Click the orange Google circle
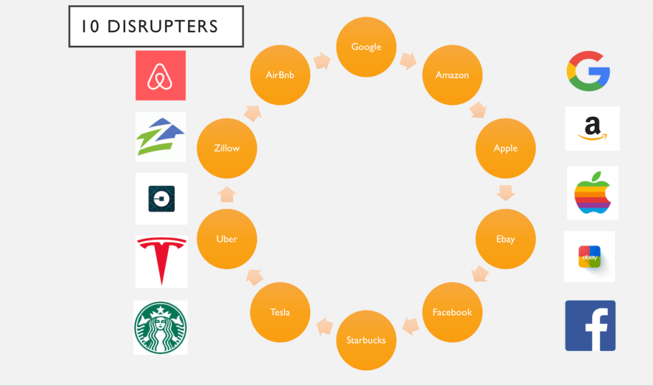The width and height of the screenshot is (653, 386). point(366,47)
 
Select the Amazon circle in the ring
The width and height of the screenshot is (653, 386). point(452,75)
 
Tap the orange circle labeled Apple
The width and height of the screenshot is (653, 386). point(506,148)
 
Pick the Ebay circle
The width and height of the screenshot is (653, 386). point(506,239)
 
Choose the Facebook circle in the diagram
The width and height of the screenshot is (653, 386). point(452,312)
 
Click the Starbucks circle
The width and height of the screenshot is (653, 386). point(366,340)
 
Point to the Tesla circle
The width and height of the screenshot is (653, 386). point(280,312)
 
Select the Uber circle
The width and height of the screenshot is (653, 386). point(227,239)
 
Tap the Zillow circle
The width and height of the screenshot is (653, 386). point(227,148)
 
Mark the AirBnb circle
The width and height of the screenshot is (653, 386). point(280,75)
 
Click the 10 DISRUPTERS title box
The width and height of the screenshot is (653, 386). point(156,26)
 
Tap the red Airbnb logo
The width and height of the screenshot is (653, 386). point(160,75)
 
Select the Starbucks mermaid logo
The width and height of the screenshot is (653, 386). point(160,327)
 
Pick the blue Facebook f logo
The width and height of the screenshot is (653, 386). point(590,325)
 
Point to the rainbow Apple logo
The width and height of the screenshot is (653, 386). point(592,192)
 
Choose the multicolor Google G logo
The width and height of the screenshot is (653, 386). point(589,71)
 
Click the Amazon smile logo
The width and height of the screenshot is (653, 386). point(592,128)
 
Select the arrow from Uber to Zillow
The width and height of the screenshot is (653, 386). point(227,194)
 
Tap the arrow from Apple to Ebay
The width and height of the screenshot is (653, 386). point(506,193)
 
